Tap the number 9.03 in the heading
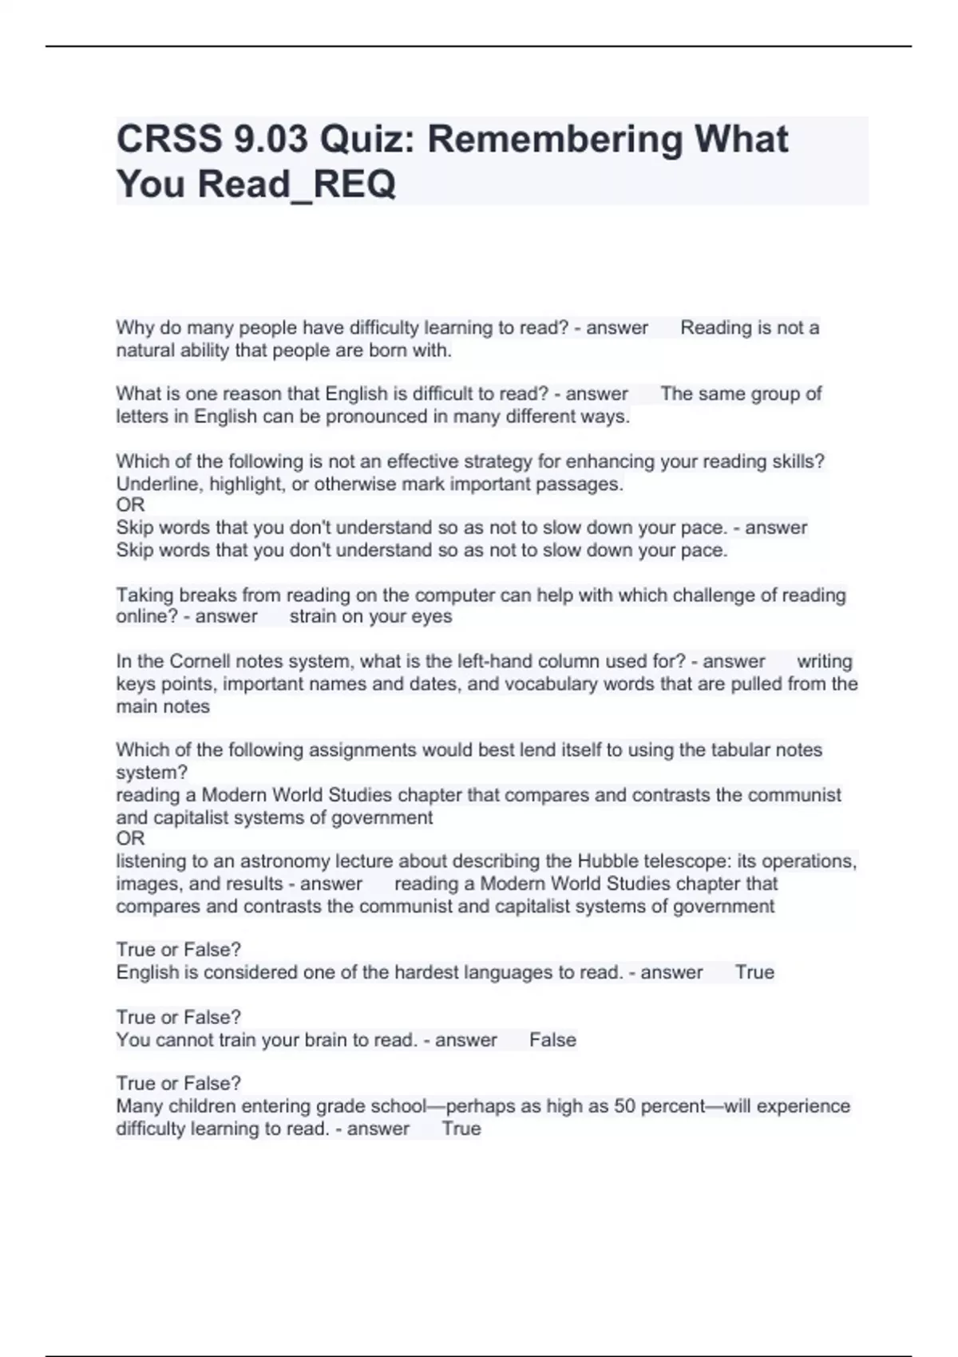(x=271, y=140)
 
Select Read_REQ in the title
(x=296, y=184)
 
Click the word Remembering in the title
(x=555, y=140)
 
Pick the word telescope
(x=687, y=861)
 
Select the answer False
(x=552, y=1040)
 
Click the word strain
(x=312, y=617)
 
